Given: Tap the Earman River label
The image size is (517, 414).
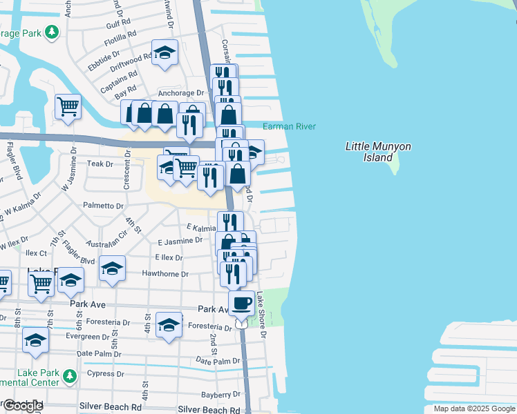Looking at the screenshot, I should coord(289,126).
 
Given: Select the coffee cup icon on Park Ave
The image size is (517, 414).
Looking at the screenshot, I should coord(241,303).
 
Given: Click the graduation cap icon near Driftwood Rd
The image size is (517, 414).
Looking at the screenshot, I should coord(164,52).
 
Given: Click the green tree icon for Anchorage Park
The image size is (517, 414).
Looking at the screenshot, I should coord(51,32).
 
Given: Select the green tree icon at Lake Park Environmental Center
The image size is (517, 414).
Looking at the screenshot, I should coord(68,376).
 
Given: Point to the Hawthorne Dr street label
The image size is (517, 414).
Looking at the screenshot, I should coord(164,274).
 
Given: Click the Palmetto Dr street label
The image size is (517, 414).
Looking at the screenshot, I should coord(103,206).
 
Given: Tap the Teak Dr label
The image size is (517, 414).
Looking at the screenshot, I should coord(100,164).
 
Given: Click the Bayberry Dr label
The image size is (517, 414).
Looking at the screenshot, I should coord(221,395).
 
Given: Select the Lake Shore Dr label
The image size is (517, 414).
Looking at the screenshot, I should coord(261,315).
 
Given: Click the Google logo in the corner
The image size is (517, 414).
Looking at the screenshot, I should coord(23,406).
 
